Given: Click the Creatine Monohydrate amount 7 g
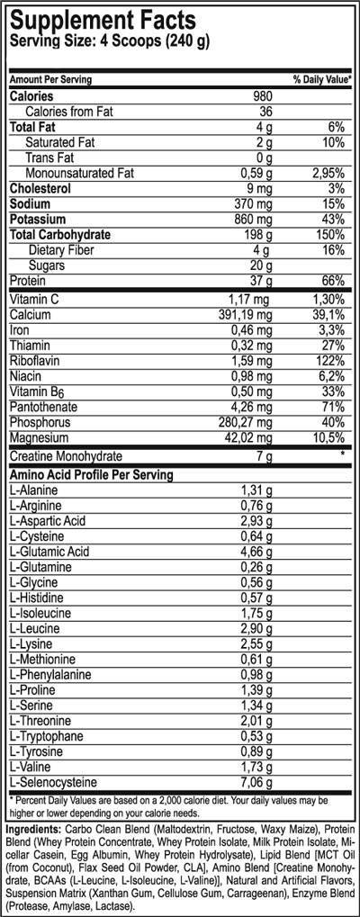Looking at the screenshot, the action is coord(263,458).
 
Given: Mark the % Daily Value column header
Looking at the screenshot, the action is coord(321,80).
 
